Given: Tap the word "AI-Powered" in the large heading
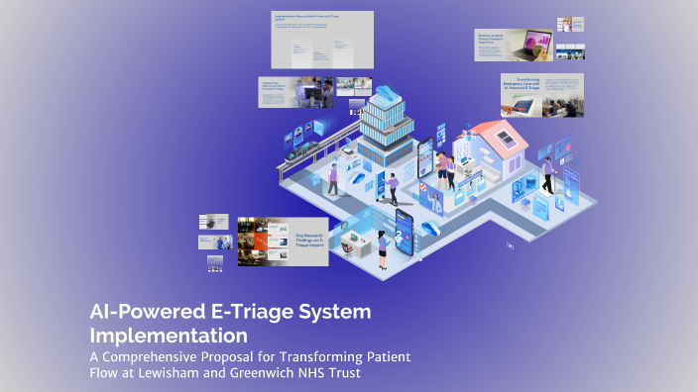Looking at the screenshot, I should tap(139, 312).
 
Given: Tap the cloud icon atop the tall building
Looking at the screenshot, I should tap(385, 65).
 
